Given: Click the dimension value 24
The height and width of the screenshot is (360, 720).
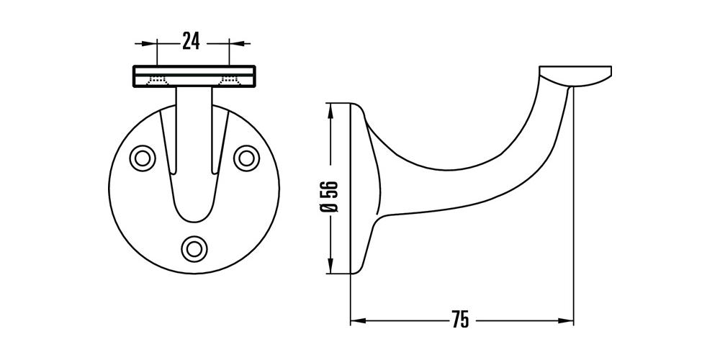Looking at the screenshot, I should tap(191, 42).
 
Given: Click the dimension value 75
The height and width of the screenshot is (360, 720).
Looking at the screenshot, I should tap(461, 319).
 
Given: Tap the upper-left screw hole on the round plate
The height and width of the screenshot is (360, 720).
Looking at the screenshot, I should tap(141, 157).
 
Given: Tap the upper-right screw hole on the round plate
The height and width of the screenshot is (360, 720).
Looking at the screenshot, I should tap(247, 157).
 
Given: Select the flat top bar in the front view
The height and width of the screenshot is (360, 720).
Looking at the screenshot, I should tap(193, 76).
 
